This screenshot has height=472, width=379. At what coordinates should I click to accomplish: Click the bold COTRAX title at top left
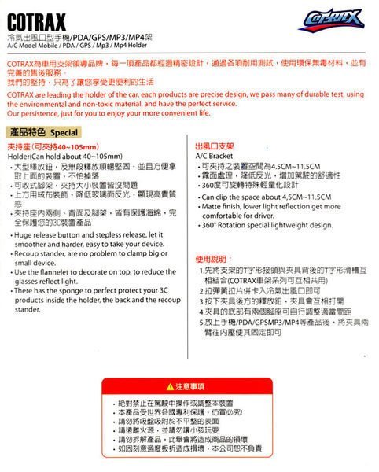(36, 17)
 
